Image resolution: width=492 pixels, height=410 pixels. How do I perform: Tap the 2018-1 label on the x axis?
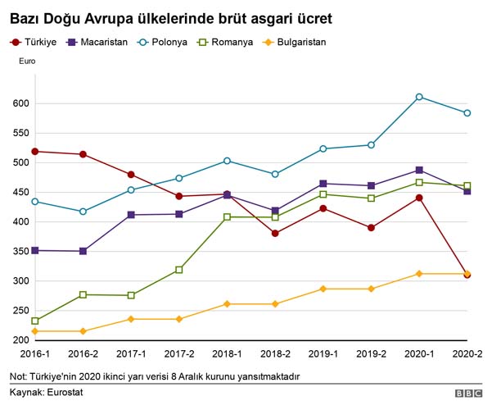[x=227, y=353]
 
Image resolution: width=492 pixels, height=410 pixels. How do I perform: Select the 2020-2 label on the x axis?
[x=466, y=353]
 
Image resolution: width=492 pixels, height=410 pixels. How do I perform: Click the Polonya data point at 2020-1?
[x=419, y=97]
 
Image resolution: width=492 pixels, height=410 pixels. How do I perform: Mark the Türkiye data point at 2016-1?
[x=35, y=152]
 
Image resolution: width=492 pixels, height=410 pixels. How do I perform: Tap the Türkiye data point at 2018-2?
[x=275, y=234]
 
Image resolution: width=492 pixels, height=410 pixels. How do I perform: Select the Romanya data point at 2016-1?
[x=35, y=321]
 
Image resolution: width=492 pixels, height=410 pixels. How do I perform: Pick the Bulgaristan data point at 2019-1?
[x=323, y=289]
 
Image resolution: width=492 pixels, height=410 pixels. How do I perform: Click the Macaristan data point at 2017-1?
[x=131, y=215]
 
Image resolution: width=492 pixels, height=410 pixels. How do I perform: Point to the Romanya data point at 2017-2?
[x=179, y=270]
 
